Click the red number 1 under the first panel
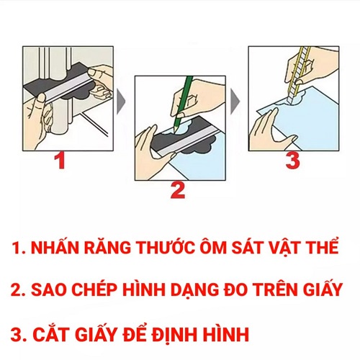[x=60, y=161]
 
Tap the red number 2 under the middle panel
[x=178, y=190]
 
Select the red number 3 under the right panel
[x=292, y=160]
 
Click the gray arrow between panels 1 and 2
[x=121, y=102]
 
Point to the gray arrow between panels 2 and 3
[x=235, y=102]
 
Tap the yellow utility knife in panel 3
[x=297, y=77]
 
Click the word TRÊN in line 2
[x=276, y=289]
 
